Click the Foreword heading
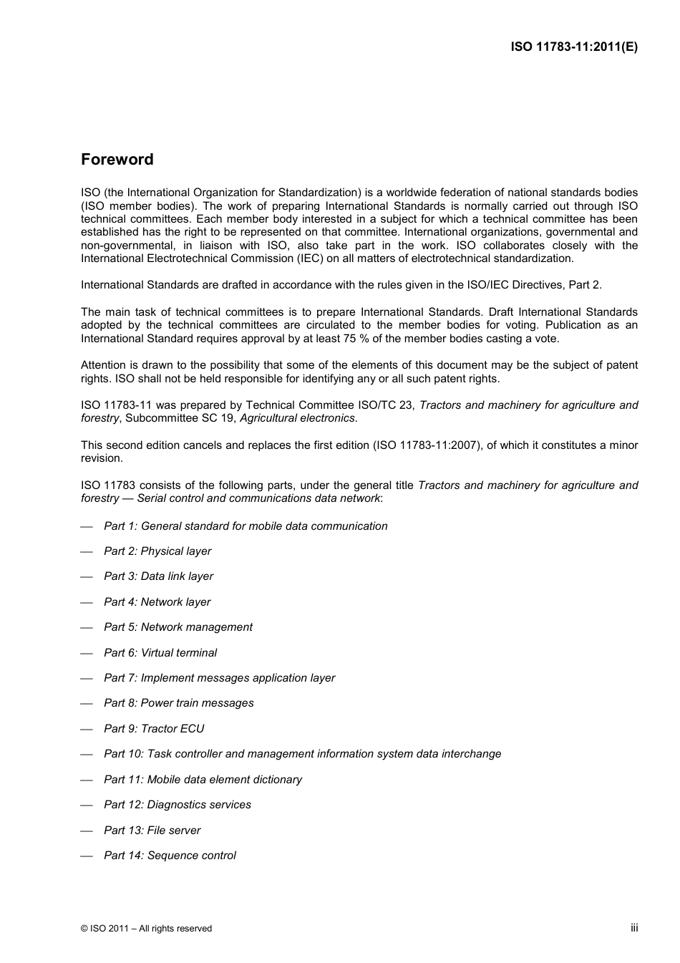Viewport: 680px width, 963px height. pyautogui.click(x=117, y=160)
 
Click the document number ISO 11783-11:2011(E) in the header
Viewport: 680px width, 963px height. pyautogui.click(x=574, y=47)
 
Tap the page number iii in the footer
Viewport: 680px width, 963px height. pyautogui.click(x=634, y=927)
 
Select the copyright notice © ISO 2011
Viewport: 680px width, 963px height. pyautogui.click(x=146, y=929)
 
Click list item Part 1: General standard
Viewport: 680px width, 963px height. pyautogui.click(x=246, y=526)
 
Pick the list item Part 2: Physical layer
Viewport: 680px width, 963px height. pyautogui.click(x=157, y=551)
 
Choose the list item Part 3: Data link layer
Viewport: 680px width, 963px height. pyautogui.click(x=158, y=576)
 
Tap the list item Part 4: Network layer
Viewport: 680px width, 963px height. pyautogui.click(x=157, y=602)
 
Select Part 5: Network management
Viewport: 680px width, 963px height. pyautogui.click(x=178, y=627)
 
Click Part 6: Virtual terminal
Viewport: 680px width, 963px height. pyautogui.click(x=160, y=653)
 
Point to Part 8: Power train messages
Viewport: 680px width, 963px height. pyautogui.click(x=178, y=703)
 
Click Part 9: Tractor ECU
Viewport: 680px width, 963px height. pyautogui.click(x=154, y=729)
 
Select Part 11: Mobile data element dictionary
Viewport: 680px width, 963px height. pyautogui.click(x=203, y=780)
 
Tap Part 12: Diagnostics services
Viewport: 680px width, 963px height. pyautogui.click(x=177, y=805)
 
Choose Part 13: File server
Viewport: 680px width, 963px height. pyautogui.click(x=152, y=831)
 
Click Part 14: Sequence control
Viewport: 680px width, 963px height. pyautogui.click(x=170, y=856)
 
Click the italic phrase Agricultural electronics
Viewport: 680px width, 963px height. pyautogui.click(x=297, y=418)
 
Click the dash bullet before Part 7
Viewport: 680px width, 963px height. pyautogui.click(x=87, y=678)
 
